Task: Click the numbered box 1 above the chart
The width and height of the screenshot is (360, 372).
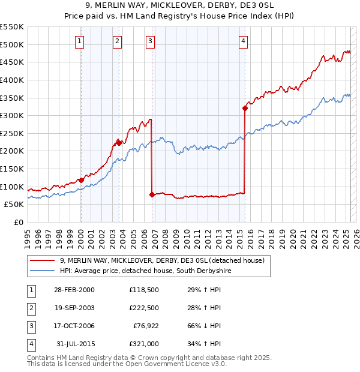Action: pos(80,41)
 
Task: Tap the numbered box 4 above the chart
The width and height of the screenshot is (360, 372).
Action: pos(243,41)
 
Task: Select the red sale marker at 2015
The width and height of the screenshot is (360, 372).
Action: pos(245,108)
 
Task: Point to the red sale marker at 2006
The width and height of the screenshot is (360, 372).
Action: pos(152,194)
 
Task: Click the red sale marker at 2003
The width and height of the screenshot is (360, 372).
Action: pos(119,143)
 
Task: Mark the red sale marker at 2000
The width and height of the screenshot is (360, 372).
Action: pos(81,179)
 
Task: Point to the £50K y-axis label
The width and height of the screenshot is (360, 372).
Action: pos(14,204)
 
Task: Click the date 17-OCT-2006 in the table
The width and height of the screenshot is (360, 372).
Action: pos(74,326)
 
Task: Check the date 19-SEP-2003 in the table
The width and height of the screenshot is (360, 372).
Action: pos(74,308)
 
